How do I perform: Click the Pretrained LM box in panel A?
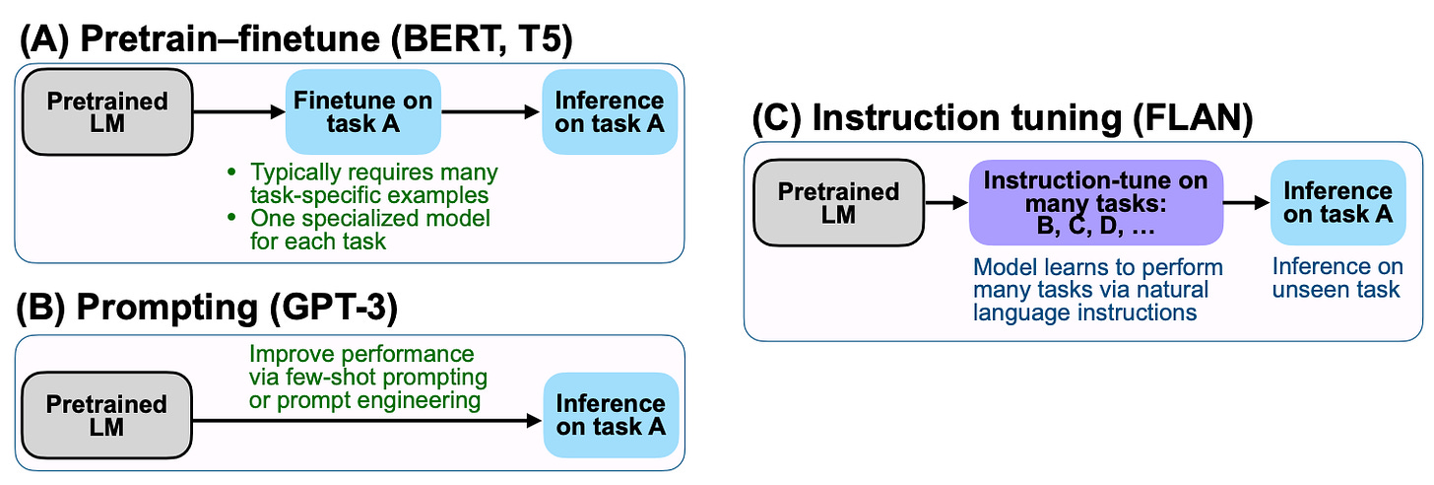coord(107,112)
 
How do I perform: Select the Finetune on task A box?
coord(363,111)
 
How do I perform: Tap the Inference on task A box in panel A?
coord(610,111)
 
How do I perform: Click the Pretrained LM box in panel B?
coord(107,415)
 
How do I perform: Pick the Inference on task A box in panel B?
coord(611,415)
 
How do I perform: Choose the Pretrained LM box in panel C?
coord(839,202)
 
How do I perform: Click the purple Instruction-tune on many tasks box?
coord(1096,202)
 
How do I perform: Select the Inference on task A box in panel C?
coord(1337,202)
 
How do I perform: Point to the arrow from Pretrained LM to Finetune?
coord(239,112)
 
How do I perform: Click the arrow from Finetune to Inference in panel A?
coord(491,112)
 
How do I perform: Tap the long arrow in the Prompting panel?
coord(367,421)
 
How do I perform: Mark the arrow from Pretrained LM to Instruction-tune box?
coord(946,203)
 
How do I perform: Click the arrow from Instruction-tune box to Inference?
coord(1247,203)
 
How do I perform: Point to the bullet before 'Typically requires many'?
coord(231,173)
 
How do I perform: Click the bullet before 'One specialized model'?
coord(231,219)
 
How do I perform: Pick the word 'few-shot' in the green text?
coord(322,377)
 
